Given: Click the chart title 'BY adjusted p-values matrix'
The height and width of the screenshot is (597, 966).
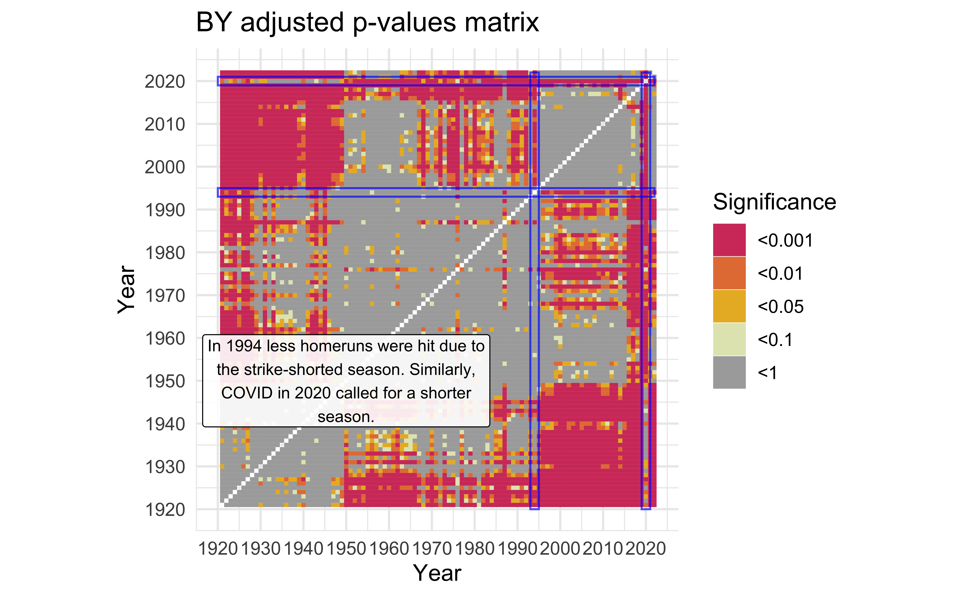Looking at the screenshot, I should (367, 23).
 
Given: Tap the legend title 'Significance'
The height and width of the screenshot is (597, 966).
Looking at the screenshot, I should (774, 202).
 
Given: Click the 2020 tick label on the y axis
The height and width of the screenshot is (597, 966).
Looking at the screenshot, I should (165, 82).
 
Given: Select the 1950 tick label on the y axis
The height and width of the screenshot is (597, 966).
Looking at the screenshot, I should (165, 381).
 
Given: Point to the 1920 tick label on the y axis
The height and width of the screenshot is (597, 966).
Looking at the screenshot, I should (165, 510).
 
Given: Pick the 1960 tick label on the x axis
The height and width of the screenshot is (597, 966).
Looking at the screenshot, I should (389, 549).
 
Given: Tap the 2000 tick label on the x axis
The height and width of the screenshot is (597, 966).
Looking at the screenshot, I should (560, 549).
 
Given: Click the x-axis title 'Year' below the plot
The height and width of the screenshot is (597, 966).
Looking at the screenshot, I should (437, 573).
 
